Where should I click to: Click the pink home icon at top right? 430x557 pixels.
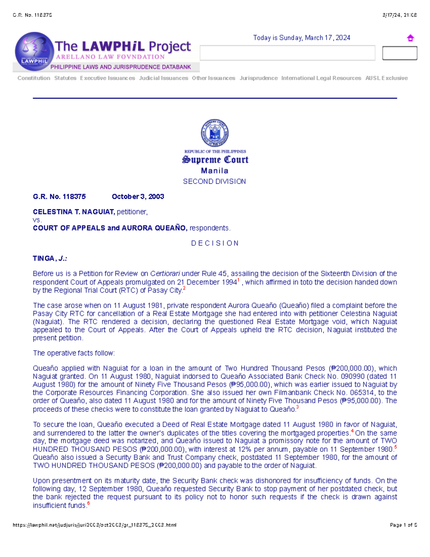(x=410, y=38)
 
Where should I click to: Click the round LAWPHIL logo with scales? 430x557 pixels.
(x=34, y=51)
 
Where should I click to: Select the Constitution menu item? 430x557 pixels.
(x=34, y=78)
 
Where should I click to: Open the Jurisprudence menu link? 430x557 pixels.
(x=258, y=78)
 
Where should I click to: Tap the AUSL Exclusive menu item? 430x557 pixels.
(x=386, y=78)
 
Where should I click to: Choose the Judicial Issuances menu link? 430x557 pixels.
(x=163, y=78)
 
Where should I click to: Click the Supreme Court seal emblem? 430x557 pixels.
(x=215, y=133)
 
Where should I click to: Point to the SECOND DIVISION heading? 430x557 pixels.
(x=214, y=181)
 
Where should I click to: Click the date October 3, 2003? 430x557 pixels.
(x=138, y=197)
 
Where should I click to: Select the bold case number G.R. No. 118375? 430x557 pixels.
(x=59, y=197)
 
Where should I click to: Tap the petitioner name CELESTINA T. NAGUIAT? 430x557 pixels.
(x=74, y=212)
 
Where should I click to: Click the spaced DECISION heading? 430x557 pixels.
(x=215, y=243)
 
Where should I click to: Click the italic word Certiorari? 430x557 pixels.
(x=165, y=274)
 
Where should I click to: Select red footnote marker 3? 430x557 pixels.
(x=297, y=407)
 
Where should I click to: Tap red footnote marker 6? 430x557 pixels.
(x=89, y=504)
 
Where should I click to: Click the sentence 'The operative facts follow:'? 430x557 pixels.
(x=74, y=353)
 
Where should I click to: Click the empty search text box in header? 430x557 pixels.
(x=287, y=53)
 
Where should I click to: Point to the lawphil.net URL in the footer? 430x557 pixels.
(x=95, y=525)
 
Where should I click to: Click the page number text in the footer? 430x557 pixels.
(x=403, y=525)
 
